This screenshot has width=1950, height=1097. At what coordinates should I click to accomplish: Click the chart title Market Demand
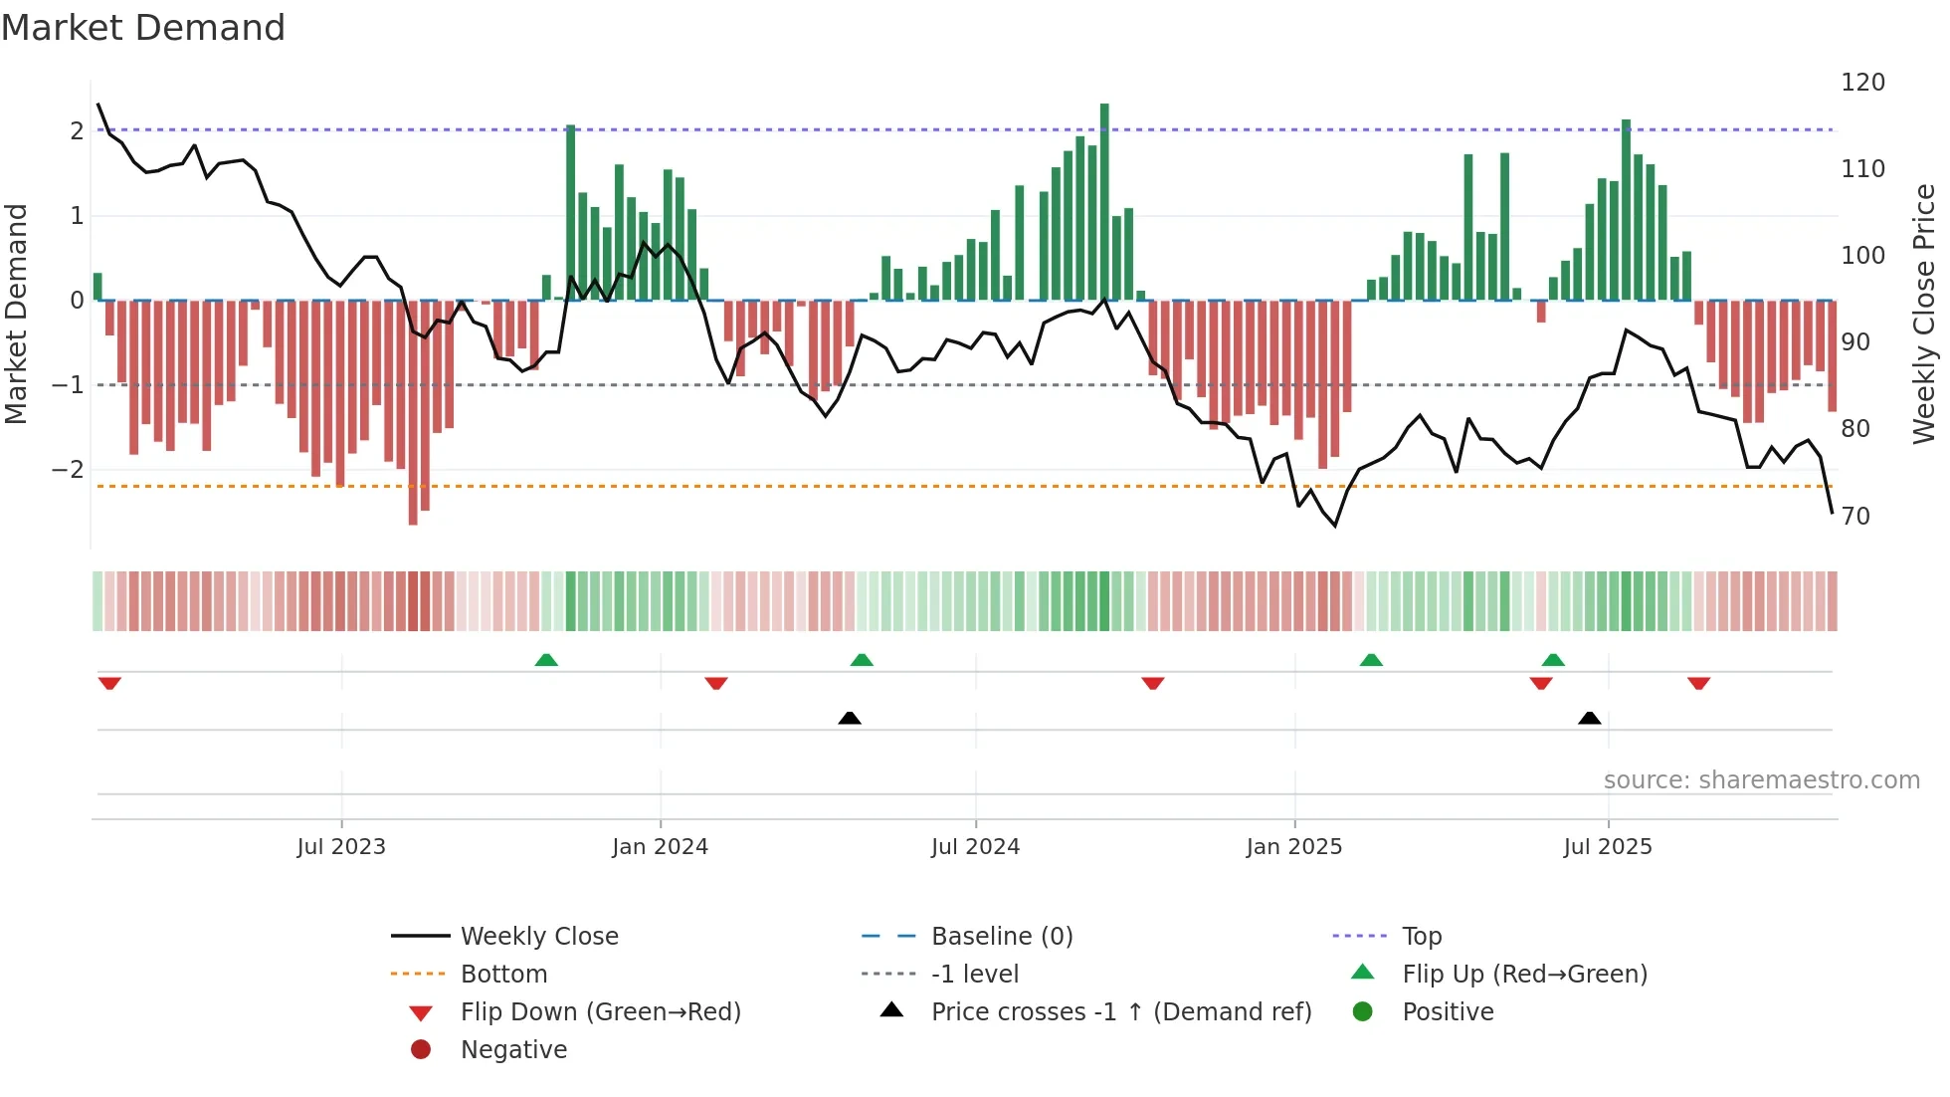(x=143, y=28)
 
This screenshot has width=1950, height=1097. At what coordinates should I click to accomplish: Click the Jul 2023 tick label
(x=341, y=847)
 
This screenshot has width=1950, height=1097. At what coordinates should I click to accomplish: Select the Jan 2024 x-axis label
(x=660, y=847)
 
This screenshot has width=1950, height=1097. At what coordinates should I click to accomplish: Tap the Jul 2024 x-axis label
(x=975, y=847)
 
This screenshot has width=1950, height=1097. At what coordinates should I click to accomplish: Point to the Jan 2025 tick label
(x=1293, y=847)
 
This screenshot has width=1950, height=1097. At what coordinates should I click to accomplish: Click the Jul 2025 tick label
(x=1608, y=847)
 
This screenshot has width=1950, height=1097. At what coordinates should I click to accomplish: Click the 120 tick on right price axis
(x=1862, y=83)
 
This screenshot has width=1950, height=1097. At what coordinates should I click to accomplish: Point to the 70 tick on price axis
(x=1855, y=517)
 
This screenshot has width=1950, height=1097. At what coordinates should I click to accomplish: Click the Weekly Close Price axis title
(x=1924, y=314)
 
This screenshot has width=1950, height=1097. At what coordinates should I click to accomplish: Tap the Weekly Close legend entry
(x=539, y=937)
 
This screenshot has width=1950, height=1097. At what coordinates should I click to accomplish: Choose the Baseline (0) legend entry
(x=1002, y=937)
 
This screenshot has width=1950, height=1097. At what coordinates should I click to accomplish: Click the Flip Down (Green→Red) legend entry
(x=600, y=1012)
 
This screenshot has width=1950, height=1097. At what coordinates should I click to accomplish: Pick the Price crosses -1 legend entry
(x=1121, y=1012)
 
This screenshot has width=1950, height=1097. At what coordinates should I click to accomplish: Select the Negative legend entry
(x=513, y=1050)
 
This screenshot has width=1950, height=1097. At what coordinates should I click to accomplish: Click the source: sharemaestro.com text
(x=1761, y=780)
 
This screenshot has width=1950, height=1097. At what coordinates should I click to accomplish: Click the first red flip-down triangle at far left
(x=109, y=683)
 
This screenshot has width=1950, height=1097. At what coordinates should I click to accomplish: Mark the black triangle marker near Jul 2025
(x=1589, y=718)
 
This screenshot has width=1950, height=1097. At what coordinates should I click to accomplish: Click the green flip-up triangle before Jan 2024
(x=546, y=660)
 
